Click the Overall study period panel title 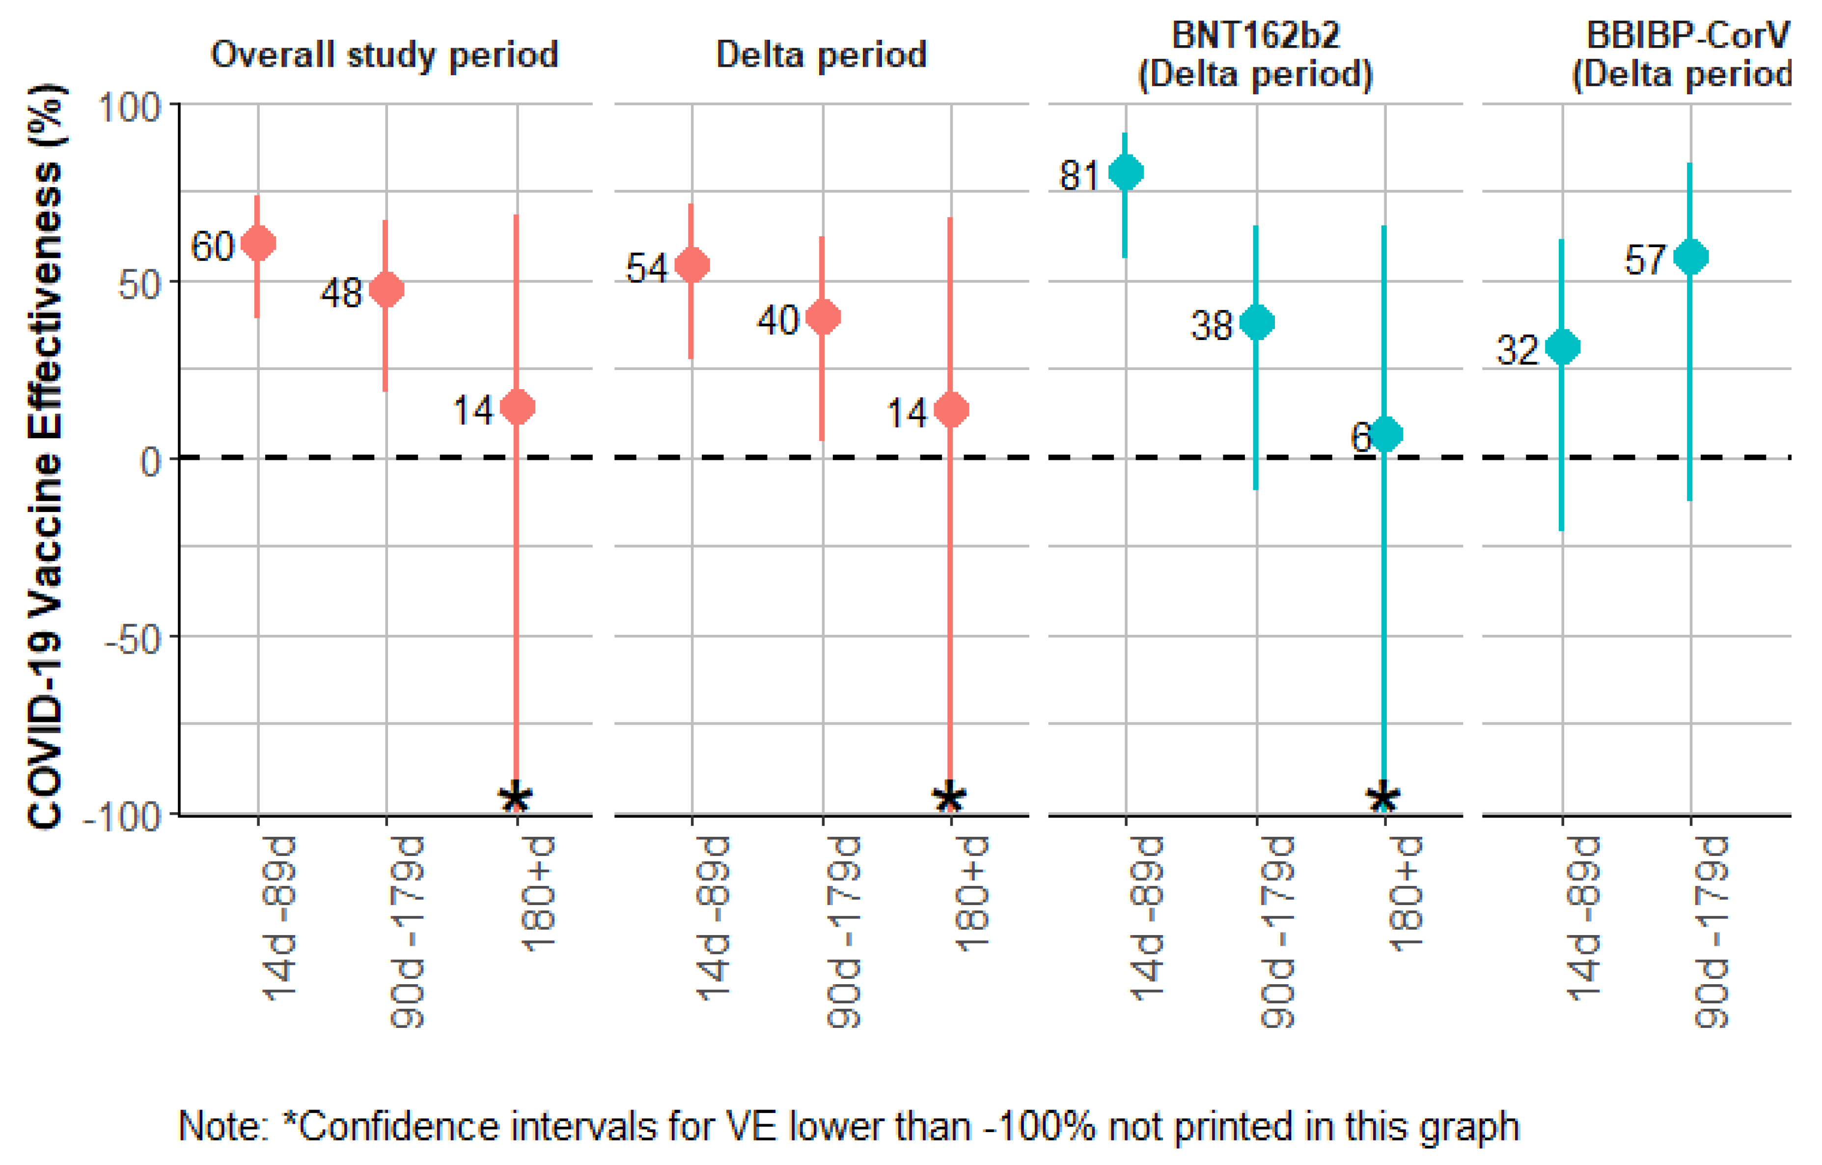coord(385,55)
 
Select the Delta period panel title coord(821,55)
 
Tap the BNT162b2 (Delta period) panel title coord(1255,55)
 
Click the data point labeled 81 coord(1125,172)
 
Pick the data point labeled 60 coord(258,243)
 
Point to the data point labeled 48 coord(386,289)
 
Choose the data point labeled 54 coord(691,265)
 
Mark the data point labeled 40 coord(823,317)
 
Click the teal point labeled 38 coord(1256,322)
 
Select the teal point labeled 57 coord(1690,256)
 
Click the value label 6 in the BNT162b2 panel coord(1360,437)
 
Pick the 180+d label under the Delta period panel coord(971,893)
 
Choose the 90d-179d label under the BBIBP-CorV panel coord(1710,933)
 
